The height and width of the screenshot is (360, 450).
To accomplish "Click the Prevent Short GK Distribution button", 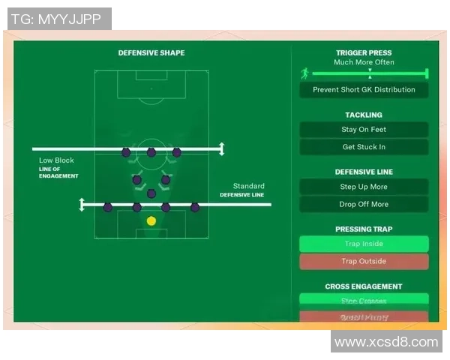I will click(364, 90).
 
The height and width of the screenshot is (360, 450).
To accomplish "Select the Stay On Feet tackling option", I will click(364, 130).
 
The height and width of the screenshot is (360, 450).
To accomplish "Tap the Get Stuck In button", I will click(364, 147).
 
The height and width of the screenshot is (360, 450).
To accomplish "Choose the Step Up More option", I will click(364, 187).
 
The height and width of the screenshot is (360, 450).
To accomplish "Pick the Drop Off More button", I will click(364, 204).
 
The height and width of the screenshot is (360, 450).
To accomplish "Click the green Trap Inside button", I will click(364, 244).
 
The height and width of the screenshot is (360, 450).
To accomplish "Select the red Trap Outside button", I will click(364, 262).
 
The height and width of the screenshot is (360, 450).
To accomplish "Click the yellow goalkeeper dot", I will click(151, 220).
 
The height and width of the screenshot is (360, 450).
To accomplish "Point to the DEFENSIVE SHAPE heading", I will click(151, 53).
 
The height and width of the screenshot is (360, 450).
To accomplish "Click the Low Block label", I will click(57, 160).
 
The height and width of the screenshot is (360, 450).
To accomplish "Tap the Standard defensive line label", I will click(248, 186).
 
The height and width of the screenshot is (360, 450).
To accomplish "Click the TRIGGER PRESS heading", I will click(364, 53).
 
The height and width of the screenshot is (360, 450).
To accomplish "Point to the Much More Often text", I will click(364, 62).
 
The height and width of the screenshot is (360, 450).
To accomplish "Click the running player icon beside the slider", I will click(304, 73).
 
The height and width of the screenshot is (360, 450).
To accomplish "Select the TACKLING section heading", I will click(364, 115).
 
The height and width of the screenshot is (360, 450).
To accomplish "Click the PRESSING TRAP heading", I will click(364, 229).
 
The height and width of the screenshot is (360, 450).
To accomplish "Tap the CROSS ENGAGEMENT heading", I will click(364, 286).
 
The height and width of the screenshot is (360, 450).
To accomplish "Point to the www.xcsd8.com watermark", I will click(385, 342).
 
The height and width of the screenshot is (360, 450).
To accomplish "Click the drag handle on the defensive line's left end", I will click(82, 204).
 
